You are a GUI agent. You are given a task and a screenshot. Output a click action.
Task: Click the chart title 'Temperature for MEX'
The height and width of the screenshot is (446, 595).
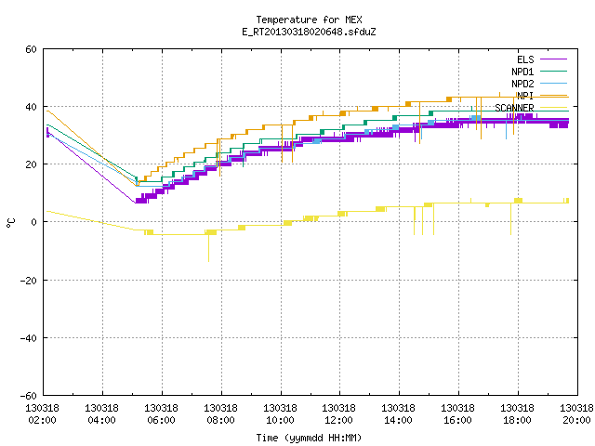click(309, 20)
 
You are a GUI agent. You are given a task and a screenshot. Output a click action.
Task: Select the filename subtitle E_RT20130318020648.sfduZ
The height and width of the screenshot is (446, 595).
click(309, 32)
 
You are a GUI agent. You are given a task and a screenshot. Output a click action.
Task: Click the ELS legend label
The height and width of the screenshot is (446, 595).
click(525, 59)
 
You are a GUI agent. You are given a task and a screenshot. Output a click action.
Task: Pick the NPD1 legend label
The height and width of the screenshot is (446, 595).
click(522, 72)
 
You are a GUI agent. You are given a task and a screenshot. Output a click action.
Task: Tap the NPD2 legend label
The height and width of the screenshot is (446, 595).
click(522, 84)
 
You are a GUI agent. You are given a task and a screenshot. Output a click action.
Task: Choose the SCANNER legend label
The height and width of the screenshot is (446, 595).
click(514, 108)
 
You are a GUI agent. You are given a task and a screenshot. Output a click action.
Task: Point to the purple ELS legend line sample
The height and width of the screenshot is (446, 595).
click(554, 59)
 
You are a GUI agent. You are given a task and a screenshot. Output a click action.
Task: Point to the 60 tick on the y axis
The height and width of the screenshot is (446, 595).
click(31, 49)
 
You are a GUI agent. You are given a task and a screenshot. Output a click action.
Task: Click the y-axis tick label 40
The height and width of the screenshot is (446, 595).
click(31, 107)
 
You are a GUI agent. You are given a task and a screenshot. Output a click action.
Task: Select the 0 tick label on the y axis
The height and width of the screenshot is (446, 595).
click(34, 222)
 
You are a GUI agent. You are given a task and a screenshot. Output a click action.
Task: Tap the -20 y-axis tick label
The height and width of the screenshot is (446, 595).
click(29, 281)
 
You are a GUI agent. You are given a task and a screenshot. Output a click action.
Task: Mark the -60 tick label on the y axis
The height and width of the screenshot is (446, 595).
click(29, 396)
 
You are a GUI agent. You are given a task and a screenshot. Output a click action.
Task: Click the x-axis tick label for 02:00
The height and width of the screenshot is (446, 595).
click(42, 414)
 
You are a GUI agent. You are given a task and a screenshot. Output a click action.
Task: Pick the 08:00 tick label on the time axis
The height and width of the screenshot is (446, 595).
click(221, 414)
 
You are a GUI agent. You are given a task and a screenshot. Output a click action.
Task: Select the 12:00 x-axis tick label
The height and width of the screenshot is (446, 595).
click(338, 414)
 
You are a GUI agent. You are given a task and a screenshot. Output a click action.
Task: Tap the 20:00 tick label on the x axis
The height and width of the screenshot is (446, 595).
click(576, 414)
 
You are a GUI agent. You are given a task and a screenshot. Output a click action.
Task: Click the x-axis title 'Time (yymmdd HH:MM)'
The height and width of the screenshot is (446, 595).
click(309, 438)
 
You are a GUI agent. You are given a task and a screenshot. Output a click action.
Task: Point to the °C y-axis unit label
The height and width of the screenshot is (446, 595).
click(10, 223)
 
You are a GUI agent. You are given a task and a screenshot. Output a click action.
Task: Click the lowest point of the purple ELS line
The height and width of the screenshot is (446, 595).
click(136, 203)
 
